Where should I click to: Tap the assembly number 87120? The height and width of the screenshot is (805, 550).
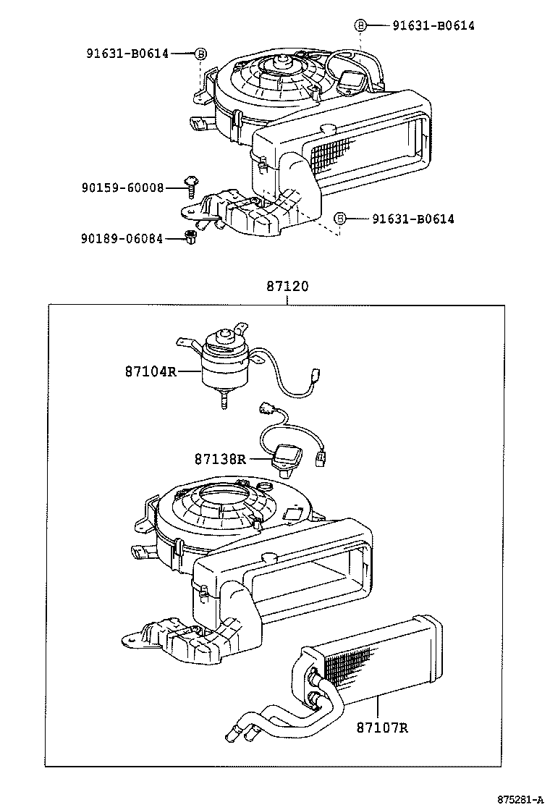tap(287, 286)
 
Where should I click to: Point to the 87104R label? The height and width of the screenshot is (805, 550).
tap(151, 371)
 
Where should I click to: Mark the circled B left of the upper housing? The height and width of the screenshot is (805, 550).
tap(200, 52)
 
